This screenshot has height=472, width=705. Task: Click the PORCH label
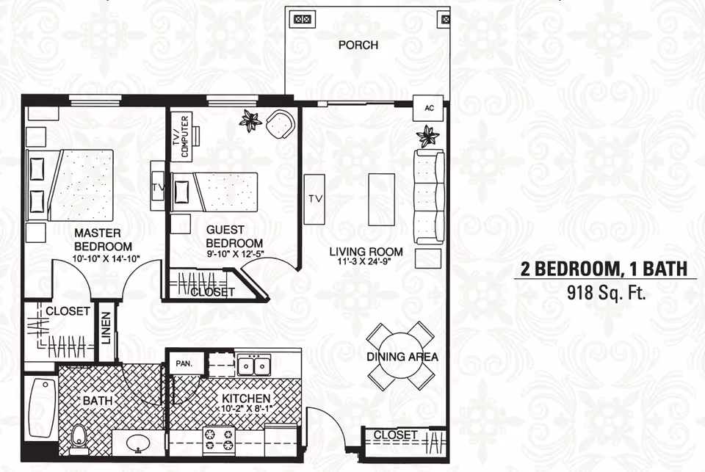(358, 46)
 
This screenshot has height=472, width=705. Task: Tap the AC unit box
(430, 108)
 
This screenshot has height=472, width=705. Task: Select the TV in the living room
(315, 199)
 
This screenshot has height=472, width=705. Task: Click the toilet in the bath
(80, 436)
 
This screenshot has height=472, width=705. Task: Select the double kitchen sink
(253, 364)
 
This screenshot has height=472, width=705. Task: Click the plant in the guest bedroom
(250, 120)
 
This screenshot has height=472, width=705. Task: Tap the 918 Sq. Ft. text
(605, 294)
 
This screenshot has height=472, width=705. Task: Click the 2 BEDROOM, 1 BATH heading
(604, 269)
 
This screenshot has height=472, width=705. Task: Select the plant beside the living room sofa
(427, 136)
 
